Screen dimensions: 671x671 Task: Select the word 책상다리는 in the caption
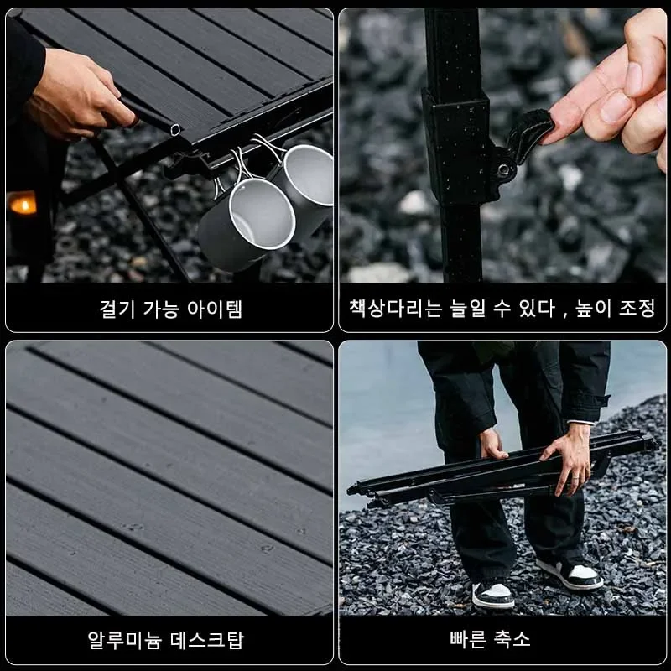tap(395, 308)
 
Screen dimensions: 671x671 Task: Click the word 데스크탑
tap(207, 640)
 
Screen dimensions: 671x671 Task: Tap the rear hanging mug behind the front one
tap(306, 179)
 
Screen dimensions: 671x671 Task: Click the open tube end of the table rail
tap(175, 129)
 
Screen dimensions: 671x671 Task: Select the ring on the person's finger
tap(576, 476)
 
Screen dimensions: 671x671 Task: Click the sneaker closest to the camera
tap(493, 596)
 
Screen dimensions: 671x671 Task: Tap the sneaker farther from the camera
tap(570, 574)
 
